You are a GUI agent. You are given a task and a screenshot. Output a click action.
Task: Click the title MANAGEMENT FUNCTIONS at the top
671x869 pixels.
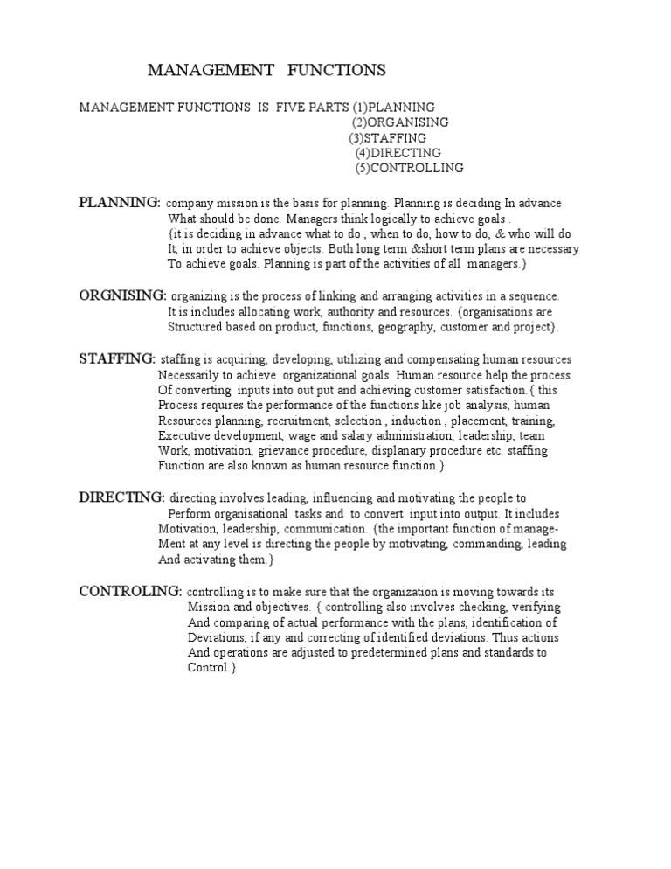[x=266, y=69]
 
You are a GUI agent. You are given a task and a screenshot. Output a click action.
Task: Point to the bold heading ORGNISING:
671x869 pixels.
[x=122, y=295]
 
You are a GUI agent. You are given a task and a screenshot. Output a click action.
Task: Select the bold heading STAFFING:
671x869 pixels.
[x=117, y=358]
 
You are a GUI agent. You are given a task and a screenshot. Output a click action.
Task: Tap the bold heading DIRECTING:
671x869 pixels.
[x=121, y=497]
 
